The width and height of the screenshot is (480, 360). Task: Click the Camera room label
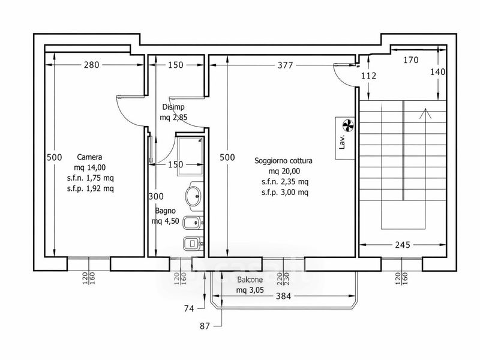(89, 157)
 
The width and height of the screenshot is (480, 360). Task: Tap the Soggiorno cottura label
(283, 161)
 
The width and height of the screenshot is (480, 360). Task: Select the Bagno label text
(166, 211)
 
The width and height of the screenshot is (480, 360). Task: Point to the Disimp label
(173, 107)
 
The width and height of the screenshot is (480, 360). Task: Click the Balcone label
(250, 280)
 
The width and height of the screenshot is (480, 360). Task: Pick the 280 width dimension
(92, 65)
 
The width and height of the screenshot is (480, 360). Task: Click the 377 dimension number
(286, 65)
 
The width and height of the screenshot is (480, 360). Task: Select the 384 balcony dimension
(283, 296)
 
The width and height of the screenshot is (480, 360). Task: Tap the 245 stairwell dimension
(403, 245)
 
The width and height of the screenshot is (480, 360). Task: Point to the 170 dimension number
(411, 60)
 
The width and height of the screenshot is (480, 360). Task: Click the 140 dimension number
(438, 72)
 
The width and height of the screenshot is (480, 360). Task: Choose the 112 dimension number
(368, 76)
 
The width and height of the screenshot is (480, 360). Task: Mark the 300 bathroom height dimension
(156, 196)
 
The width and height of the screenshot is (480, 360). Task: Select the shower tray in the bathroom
(190, 157)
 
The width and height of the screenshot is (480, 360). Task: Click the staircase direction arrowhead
(425, 113)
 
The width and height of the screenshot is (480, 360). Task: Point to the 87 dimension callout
(205, 326)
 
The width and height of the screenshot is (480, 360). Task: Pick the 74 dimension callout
(189, 308)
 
